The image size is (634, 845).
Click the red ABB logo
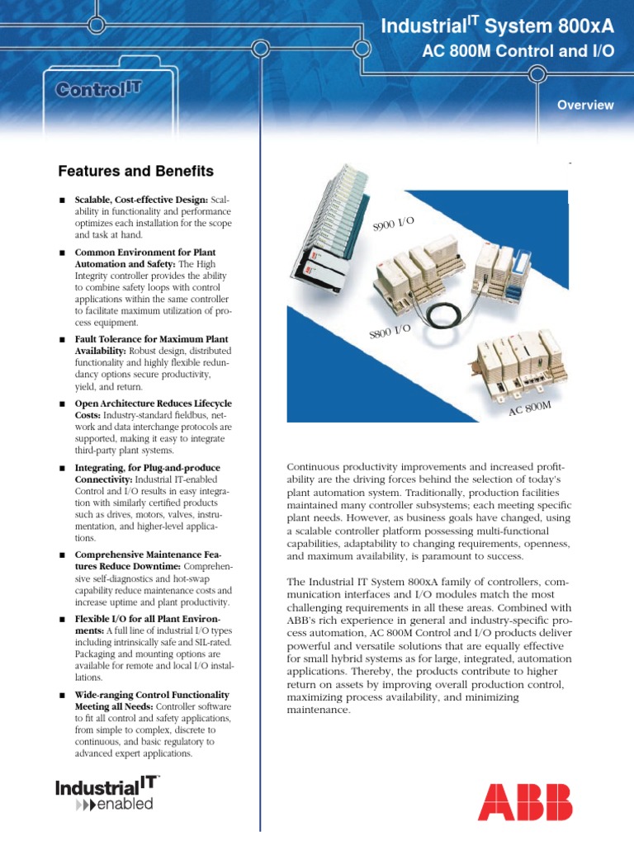pyautogui.click(x=524, y=801)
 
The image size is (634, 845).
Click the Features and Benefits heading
pyautogui.click(x=135, y=172)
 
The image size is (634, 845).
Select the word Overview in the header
pyautogui.click(x=584, y=105)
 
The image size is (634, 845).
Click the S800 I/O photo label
pyautogui.click(x=390, y=332)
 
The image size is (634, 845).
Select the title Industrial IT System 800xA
pyautogui.click(x=498, y=28)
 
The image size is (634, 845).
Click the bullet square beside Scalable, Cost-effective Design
pyautogui.click(x=62, y=201)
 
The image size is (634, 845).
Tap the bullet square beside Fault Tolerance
pyautogui.click(x=62, y=339)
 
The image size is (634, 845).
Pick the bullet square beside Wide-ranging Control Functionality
pyautogui.click(x=62, y=696)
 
